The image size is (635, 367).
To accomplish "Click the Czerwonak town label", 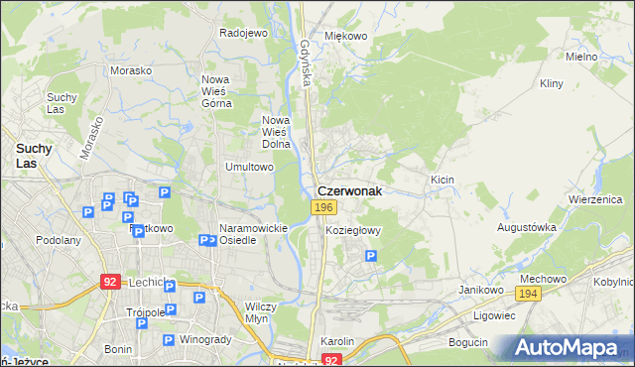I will [349, 189].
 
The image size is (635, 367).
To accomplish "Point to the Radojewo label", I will [244, 33].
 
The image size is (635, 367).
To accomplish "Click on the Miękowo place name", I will [346, 36].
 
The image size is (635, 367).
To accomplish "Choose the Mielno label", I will [581, 57].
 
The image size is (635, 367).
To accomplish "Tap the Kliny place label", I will [553, 85].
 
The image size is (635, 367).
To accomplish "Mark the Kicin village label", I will [442, 180].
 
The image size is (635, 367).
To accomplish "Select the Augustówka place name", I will [527, 227].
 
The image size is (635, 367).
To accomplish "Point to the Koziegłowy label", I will [353, 230].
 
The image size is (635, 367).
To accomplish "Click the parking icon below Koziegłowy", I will [370, 256].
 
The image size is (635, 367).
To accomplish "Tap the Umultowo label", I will [249, 167].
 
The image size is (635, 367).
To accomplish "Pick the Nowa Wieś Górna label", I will [216, 90].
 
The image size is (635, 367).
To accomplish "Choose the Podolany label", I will [58, 240].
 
